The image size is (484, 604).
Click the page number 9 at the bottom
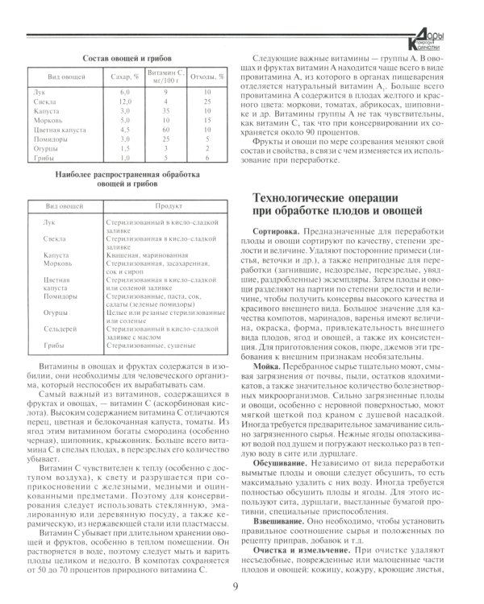tap(235, 586)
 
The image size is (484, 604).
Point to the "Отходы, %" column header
tap(206, 77)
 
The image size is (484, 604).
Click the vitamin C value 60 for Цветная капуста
tap(165, 128)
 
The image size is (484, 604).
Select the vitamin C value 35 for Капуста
tap(165, 111)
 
